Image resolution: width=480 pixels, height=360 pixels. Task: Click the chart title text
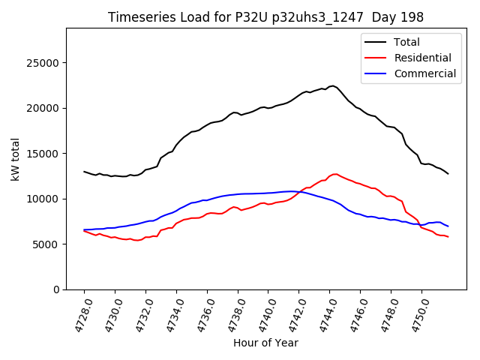(265, 17)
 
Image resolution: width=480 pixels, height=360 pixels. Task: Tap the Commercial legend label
(425, 73)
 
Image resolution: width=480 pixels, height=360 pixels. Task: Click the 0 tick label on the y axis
(56, 289)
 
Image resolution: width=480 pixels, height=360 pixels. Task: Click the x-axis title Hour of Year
(265, 343)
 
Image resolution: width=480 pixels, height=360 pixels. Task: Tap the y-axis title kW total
(15, 159)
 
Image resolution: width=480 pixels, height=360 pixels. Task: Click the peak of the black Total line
(332, 86)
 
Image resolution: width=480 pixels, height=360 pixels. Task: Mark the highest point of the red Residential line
(334, 174)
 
